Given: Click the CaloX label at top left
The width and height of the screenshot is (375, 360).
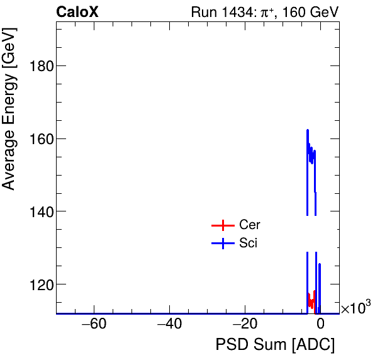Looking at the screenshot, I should coord(77,13).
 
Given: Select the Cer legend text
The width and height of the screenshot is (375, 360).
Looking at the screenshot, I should coord(249,225).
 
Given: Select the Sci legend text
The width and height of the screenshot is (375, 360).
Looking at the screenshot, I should coord(248,244).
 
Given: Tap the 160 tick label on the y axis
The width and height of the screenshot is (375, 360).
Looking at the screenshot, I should coord(38,138).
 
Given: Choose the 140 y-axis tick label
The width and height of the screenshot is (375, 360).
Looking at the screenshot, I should coord(38,211).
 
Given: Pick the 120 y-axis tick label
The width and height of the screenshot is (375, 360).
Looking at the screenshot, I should coord(38,284).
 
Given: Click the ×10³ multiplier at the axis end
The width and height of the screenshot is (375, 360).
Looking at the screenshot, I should coord(355,308).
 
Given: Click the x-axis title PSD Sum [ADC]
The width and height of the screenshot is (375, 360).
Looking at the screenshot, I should coord(275,346).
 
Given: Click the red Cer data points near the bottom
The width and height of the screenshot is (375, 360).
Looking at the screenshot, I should coord(311,301).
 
